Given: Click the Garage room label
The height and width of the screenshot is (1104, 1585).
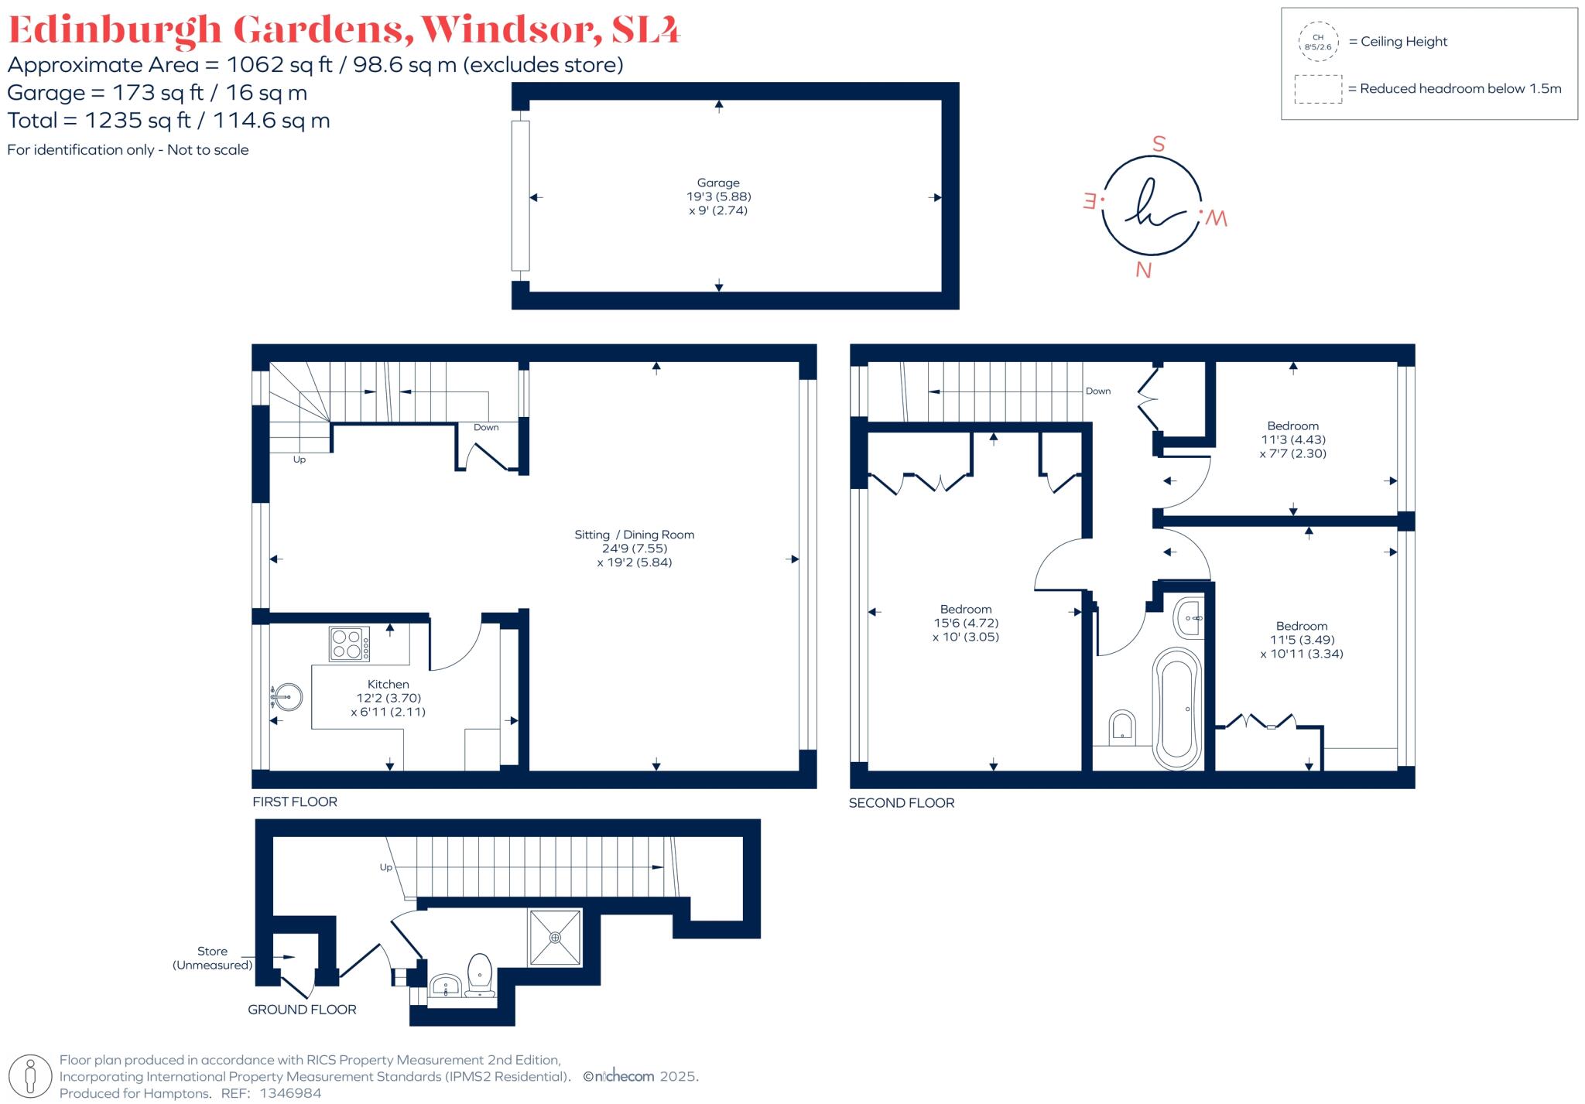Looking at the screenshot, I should [x=718, y=183].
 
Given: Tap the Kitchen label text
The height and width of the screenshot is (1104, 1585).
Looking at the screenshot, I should [x=388, y=684].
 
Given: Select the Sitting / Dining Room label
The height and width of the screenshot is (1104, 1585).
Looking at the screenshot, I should [x=634, y=535].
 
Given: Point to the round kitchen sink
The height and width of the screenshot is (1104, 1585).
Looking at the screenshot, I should [x=286, y=697].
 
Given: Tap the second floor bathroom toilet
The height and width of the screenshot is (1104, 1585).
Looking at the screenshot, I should [x=1122, y=727].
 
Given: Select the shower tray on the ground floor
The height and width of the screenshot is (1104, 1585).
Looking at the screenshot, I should [x=555, y=938].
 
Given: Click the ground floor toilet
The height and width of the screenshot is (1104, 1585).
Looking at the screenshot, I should [x=481, y=975].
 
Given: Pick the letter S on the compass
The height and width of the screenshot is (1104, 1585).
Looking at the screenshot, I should [x=1159, y=145].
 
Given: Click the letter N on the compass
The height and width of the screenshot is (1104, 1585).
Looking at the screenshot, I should [x=1143, y=270].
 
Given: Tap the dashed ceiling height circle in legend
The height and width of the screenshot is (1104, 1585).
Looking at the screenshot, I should [x=1318, y=42].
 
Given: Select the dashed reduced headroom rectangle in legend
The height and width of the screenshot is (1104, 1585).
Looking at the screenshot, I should [x=1318, y=89].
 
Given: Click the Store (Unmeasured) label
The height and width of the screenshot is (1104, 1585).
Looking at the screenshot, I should [x=212, y=958].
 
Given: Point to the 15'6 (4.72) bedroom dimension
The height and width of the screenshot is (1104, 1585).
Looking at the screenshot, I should [x=966, y=623].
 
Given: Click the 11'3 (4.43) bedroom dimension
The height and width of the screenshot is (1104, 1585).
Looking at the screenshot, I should [x=1292, y=439].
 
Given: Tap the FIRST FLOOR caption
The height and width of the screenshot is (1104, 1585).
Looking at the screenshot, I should [x=295, y=802].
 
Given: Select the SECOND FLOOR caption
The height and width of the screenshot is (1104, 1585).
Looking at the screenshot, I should [x=902, y=803].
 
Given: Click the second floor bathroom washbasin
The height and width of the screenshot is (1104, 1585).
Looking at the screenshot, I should [x=1190, y=617].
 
